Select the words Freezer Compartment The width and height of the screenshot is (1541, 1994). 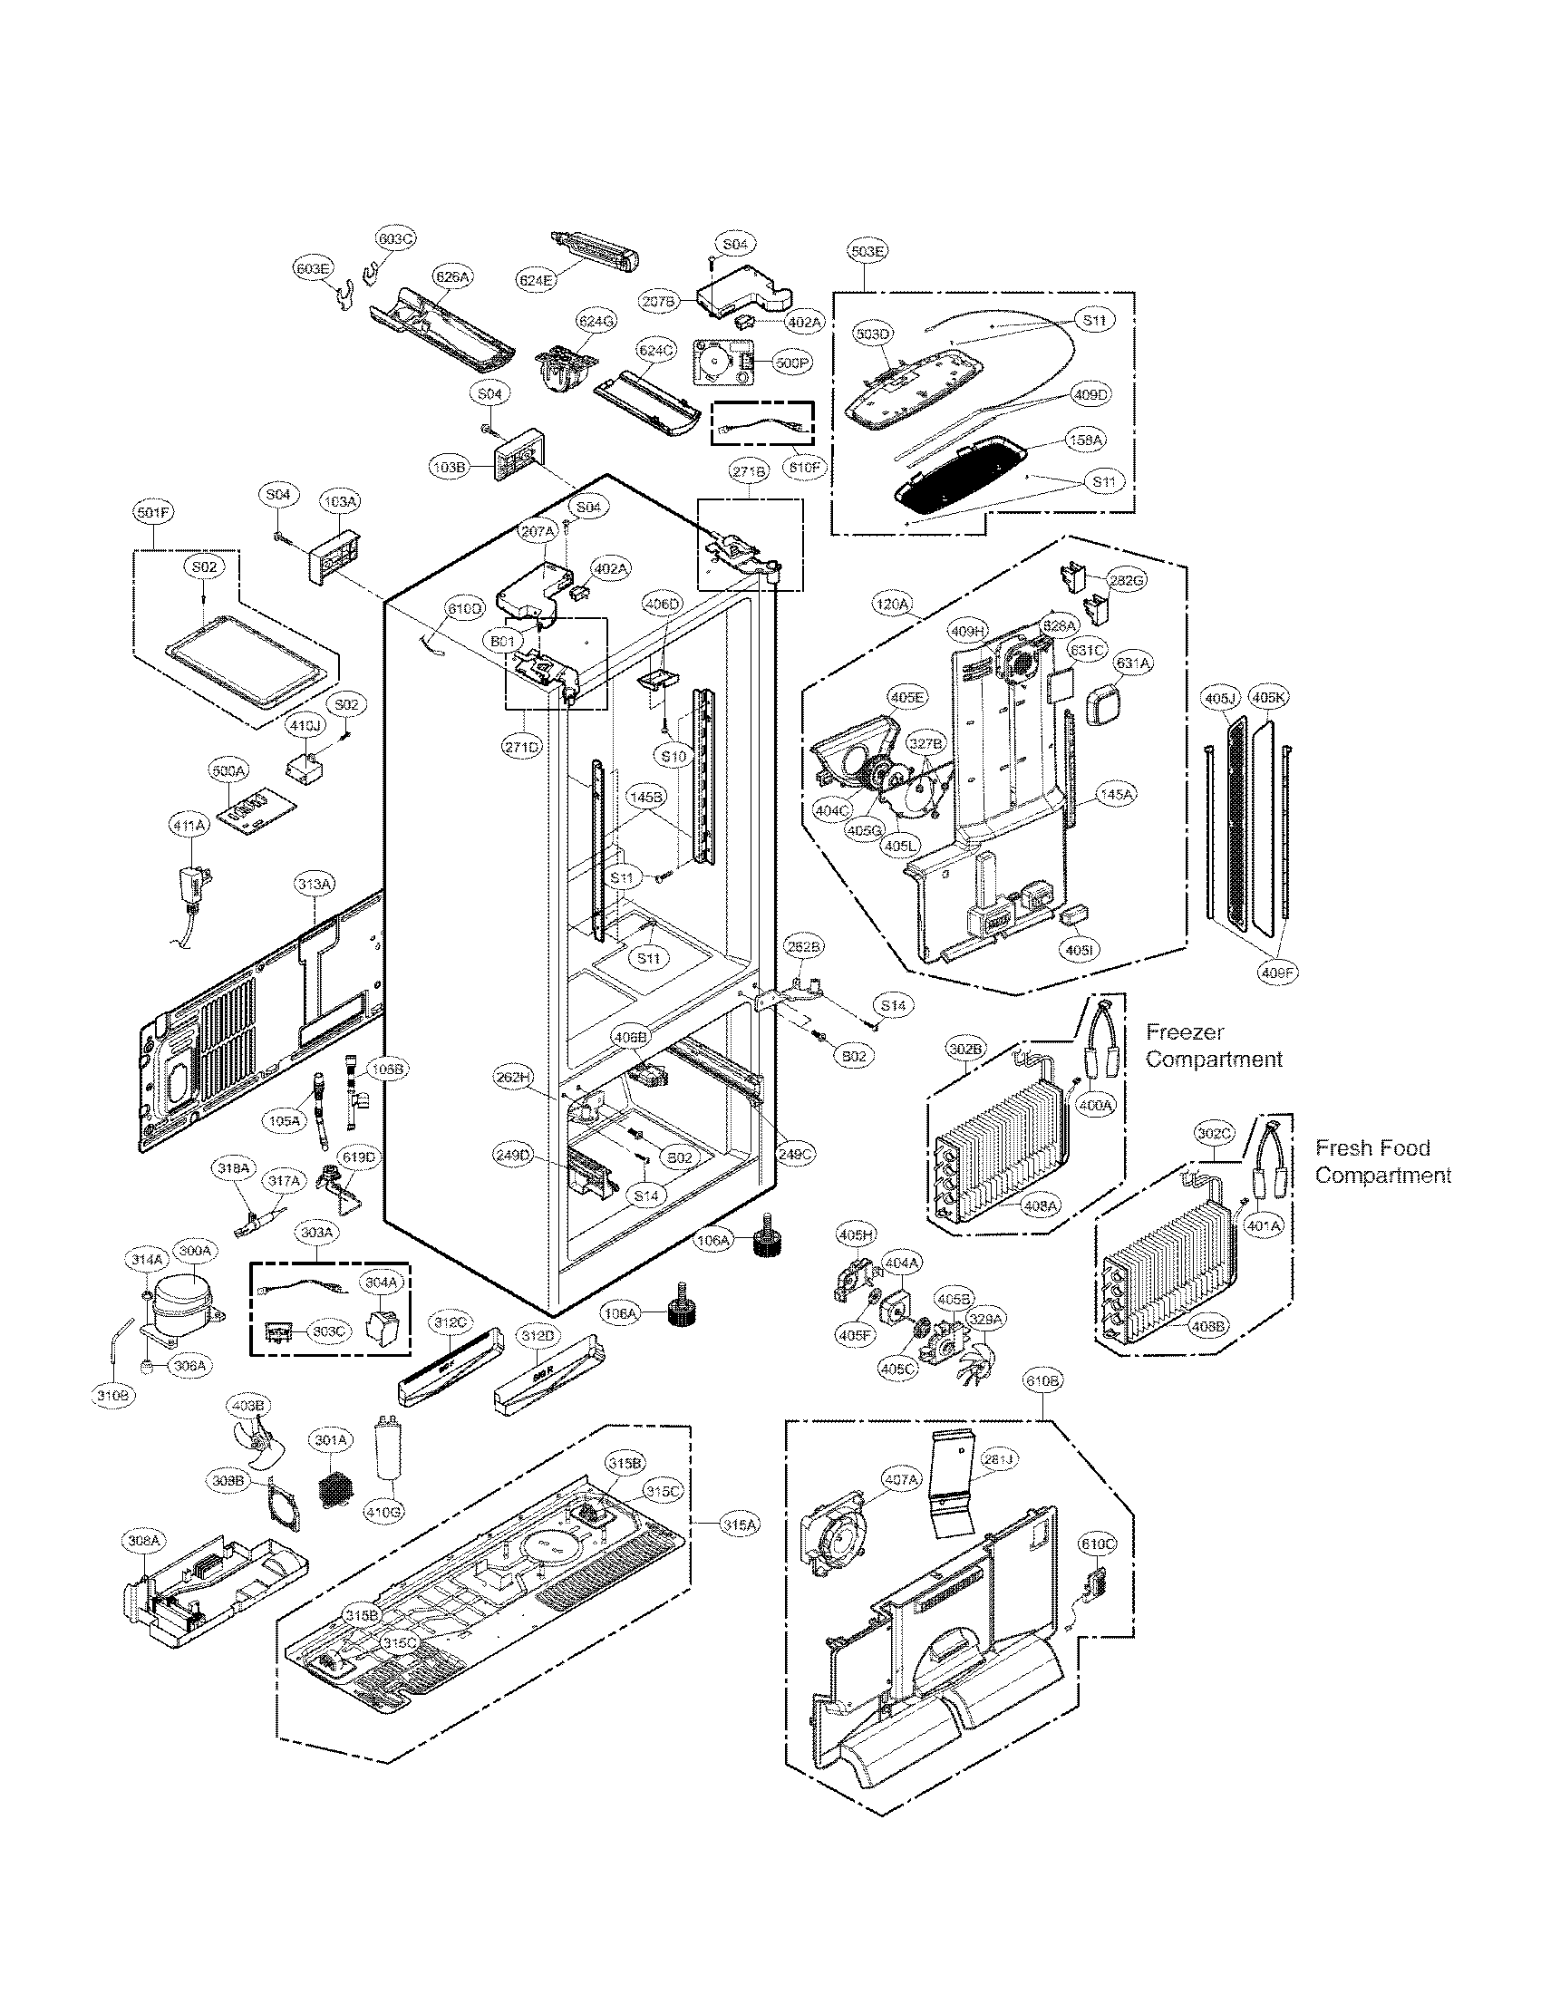[1213, 1046]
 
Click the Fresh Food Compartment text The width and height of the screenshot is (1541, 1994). [1382, 1161]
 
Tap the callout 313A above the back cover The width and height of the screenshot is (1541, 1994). [314, 885]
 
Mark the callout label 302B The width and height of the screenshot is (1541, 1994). [965, 1050]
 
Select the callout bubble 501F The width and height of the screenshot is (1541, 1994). [152, 513]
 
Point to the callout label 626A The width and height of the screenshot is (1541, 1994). [452, 276]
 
